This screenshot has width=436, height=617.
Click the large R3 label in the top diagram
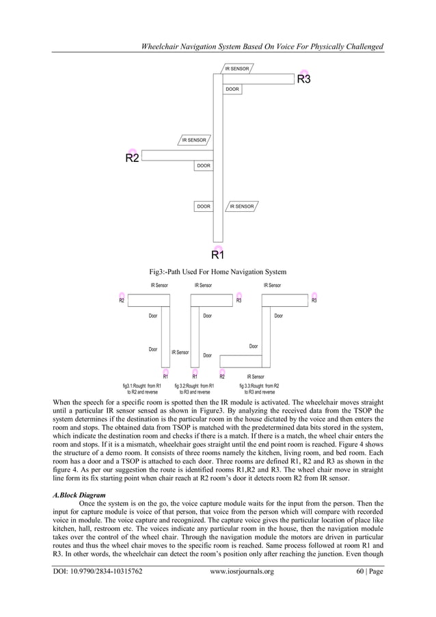(303, 80)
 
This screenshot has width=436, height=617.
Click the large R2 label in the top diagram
(132, 159)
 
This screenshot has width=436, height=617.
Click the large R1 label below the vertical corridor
(217, 256)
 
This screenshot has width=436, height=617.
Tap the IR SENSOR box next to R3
(237, 69)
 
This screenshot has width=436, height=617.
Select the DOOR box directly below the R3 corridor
(232, 90)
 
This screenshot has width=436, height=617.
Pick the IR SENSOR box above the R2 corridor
(194, 140)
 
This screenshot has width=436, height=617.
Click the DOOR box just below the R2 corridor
(203, 166)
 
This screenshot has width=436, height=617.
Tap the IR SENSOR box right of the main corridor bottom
(242, 206)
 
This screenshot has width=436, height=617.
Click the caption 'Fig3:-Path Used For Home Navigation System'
(217, 271)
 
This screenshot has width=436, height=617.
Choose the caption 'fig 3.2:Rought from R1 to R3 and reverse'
(195, 389)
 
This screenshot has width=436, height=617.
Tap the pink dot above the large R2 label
(132, 152)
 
